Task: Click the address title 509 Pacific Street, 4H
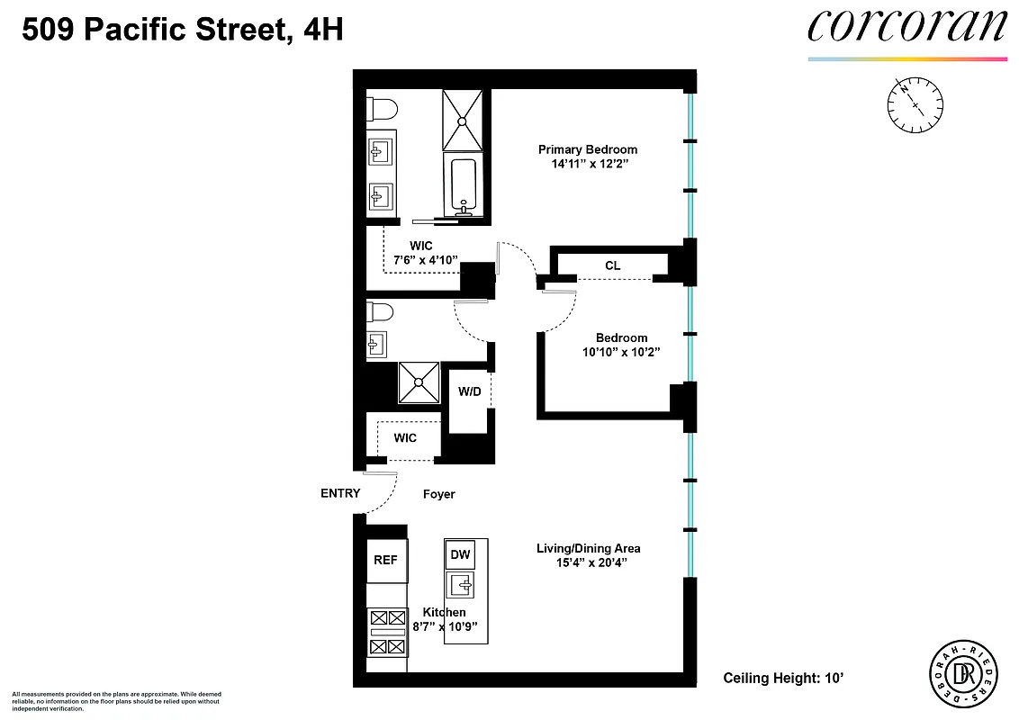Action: point(182,31)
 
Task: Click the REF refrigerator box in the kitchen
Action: point(386,560)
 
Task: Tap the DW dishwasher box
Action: point(461,555)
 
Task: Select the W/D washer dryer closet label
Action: point(469,391)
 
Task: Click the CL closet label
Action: point(612,265)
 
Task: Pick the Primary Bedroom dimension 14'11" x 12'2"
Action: point(588,165)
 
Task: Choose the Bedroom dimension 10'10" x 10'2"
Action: point(621,353)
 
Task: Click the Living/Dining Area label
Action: point(588,548)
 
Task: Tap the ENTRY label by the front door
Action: point(340,493)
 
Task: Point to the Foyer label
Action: point(439,494)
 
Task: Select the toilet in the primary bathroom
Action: point(382,110)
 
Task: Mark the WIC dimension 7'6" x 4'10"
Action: point(426,260)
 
